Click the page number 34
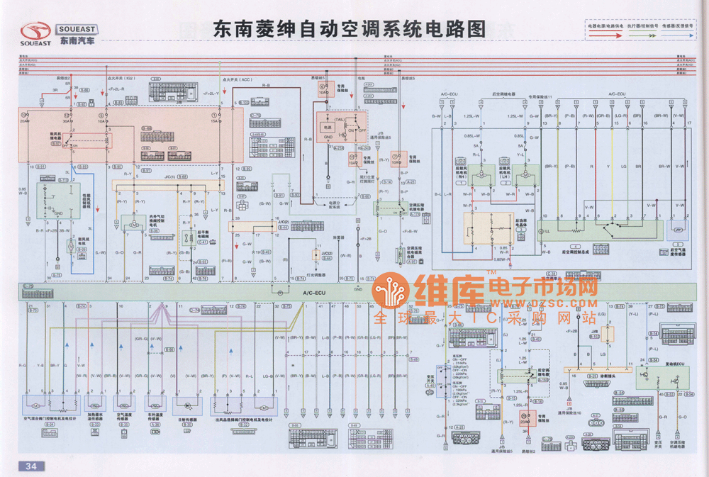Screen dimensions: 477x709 31,466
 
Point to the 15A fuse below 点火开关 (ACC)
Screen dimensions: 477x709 215,119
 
